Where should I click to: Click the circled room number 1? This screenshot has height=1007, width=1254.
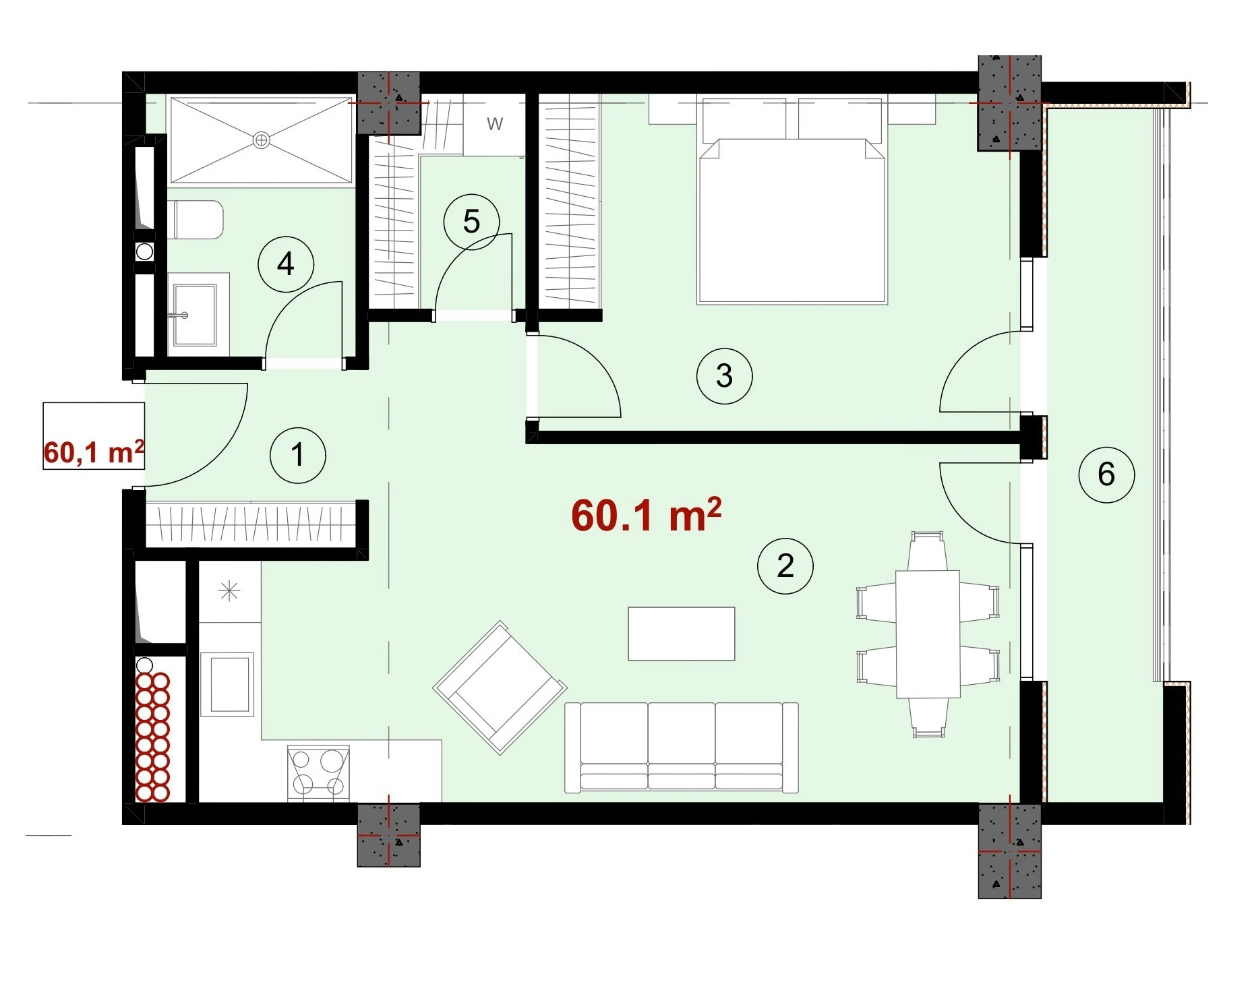(x=297, y=455)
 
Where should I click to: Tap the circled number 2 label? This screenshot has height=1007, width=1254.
(x=785, y=566)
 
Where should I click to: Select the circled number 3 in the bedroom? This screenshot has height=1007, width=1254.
(x=724, y=375)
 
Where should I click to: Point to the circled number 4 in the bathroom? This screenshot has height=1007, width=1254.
(x=286, y=264)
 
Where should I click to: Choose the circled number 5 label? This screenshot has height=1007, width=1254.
(x=471, y=222)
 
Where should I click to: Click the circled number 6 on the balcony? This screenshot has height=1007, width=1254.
(x=1106, y=475)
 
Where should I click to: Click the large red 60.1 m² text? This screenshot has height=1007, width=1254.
(x=646, y=515)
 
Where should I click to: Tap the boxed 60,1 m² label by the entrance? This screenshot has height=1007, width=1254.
(x=94, y=452)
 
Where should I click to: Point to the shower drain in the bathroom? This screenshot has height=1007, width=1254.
(x=261, y=140)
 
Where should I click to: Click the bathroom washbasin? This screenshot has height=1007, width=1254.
(x=195, y=314)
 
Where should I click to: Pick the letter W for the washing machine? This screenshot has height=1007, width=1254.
(x=495, y=124)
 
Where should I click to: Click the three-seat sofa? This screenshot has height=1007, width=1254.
(x=681, y=747)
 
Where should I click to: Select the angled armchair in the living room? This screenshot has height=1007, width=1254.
(x=500, y=687)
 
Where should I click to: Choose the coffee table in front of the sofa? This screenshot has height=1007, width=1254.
(x=681, y=633)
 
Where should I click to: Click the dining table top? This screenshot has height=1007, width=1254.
(x=928, y=634)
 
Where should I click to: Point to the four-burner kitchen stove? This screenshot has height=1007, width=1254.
(x=318, y=773)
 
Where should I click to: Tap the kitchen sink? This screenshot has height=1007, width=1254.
(x=232, y=685)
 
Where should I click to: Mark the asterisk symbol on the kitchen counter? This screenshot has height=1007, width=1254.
(x=229, y=591)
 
